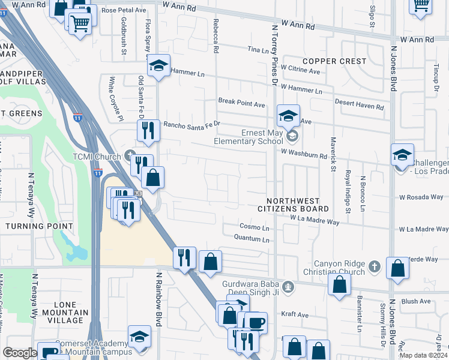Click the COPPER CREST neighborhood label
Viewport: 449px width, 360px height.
pyautogui.click(x=334, y=61)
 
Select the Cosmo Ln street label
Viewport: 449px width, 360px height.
pyautogui.click(x=255, y=227)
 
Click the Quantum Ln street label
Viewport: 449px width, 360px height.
pyautogui.click(x=252, y=239)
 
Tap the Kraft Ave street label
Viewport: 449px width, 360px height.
pyautogui.click(x=295, y=314)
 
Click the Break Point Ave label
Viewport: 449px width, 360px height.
pyautogui.click(x=241, y=103)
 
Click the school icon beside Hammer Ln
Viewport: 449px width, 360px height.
pyautogui.click(x=159, y=66)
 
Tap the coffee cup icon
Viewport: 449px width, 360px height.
pyautogui.click(x=256, y=323)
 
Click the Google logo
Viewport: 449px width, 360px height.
pyautogui.click(x=20, y=353)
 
